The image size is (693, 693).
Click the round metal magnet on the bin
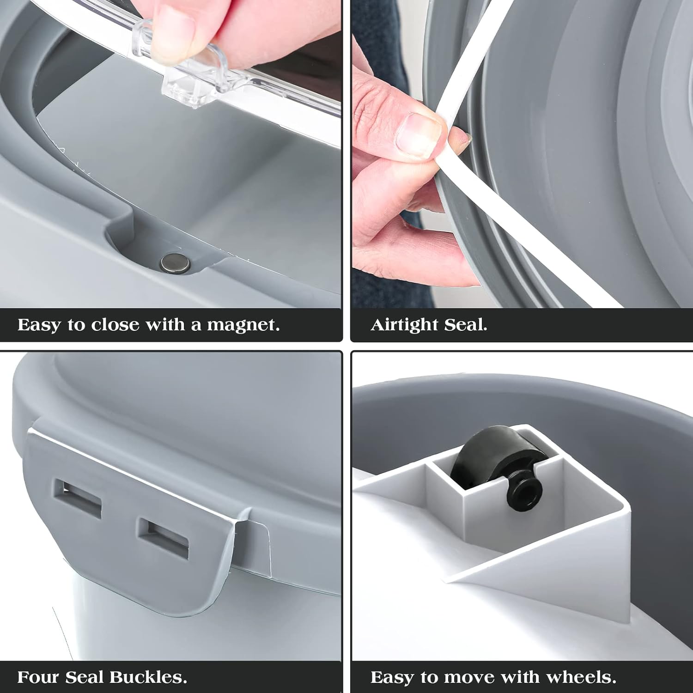point(175,263)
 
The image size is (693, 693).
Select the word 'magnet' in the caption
point(243,325)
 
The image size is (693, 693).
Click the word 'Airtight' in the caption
point(404,325)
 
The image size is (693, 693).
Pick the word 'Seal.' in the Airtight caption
point(466,325)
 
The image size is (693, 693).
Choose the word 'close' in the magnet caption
point(115,325)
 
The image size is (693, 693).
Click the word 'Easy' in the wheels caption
point(393,678)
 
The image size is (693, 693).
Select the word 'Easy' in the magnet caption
point(40,326)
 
